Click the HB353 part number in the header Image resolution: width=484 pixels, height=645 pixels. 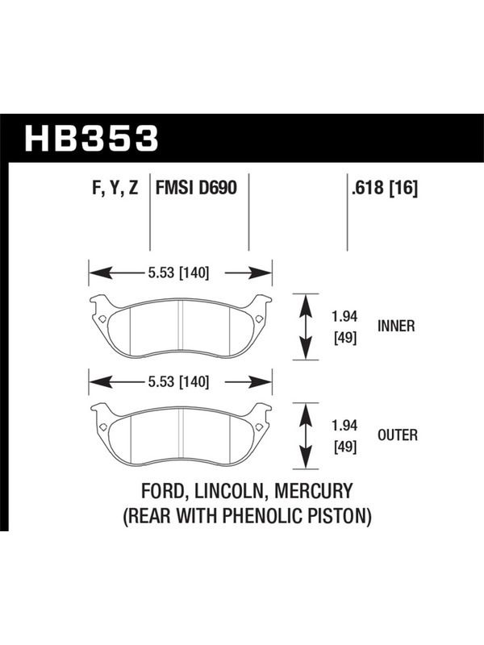(x=91, y=138)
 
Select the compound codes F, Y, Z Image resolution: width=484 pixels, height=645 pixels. (x=115, y=189)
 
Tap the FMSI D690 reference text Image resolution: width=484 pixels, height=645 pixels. (x=196, y=189)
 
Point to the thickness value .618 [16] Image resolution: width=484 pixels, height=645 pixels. (x=385, y=189)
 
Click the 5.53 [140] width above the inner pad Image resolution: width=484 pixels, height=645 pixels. (x=178, y=273)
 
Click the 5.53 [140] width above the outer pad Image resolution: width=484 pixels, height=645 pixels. (x=178, y=381)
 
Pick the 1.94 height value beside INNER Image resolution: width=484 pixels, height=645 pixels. (x=344, y=316)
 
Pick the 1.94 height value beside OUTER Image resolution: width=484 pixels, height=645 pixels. (x=344, y=426)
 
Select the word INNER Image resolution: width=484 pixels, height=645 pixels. (x=396, y=327)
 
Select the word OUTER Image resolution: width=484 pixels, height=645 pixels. (x=398, y=435)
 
